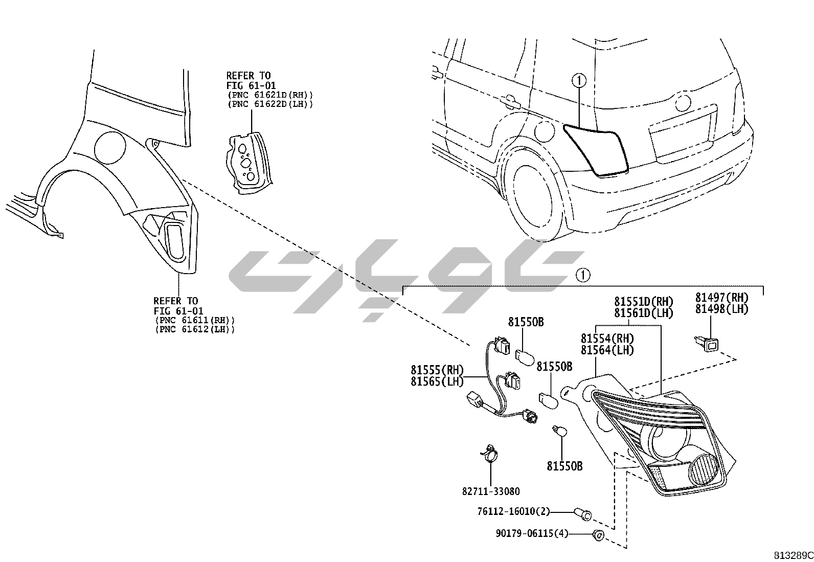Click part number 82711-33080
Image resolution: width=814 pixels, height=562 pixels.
click(x=490, y=491)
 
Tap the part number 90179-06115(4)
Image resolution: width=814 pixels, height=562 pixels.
click(x=532, y=533)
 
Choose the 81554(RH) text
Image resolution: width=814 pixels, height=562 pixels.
click(x=607, y=339)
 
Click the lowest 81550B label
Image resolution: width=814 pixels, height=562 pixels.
click(x=564, y=466)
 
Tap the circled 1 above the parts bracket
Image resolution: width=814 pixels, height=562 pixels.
click(x=582, y=275)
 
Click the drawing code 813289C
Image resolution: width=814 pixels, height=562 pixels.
click(x=793, y=555)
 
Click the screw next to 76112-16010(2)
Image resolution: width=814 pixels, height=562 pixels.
click(x=582, y=513)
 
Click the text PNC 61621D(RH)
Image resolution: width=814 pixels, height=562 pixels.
click(x=269, y=95)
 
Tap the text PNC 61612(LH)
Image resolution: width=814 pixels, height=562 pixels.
click(x=195, y=329)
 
